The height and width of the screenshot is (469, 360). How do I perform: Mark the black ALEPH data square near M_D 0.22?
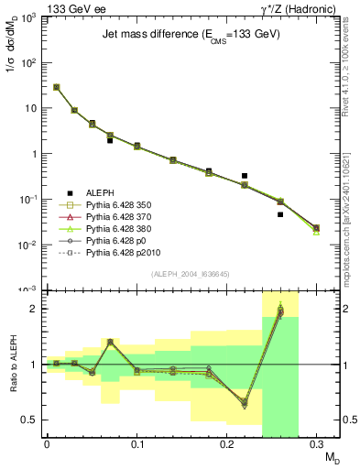click(245, 175)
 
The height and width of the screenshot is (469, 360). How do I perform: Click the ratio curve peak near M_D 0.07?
click(110, 342)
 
